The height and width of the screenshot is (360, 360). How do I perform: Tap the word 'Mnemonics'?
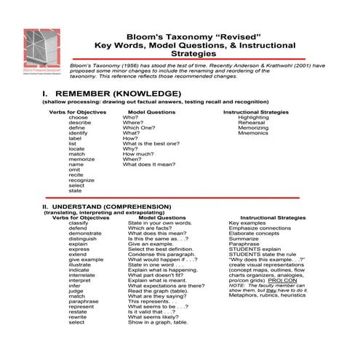[253, 133]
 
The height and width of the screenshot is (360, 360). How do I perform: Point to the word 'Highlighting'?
[253, 117]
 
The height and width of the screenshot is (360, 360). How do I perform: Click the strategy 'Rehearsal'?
[251, 122]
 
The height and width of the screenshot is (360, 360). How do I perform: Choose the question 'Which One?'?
[138, 128]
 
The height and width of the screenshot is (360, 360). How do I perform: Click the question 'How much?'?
[138, 153]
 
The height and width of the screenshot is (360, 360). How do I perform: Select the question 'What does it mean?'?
[148, 164]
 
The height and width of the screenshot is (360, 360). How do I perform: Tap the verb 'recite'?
[77, 175]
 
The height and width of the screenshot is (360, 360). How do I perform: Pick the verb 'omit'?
[75, 169]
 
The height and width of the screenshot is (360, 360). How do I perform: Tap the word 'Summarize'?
[244, 238]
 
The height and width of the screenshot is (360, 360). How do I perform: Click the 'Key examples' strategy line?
[247, 223]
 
